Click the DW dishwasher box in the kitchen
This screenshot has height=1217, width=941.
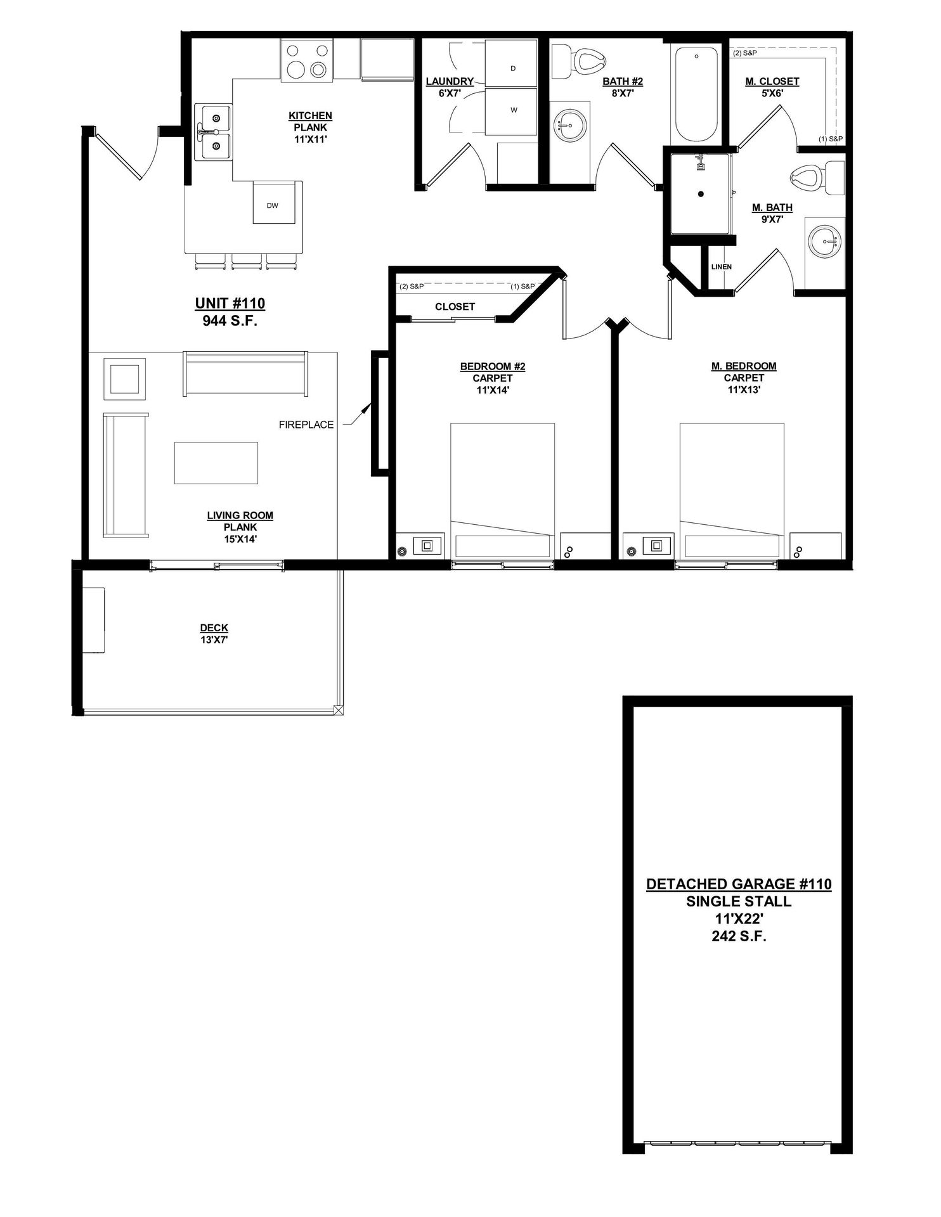(x=274, y=203)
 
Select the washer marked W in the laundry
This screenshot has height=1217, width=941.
(x=512, y=111)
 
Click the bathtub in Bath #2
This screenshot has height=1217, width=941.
(x=696, y=93)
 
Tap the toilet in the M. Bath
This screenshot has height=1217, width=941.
(x=818, y=178)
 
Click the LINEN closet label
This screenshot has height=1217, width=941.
(x=721, y=267)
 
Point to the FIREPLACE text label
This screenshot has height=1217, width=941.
(x=306, y=425)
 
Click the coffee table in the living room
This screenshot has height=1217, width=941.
(x=216, y=463)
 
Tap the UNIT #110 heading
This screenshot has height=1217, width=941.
(x=230, y=304)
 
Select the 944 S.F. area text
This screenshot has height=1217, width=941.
(x=230, y=321)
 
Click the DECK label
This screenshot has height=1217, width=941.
(x=214, y=628)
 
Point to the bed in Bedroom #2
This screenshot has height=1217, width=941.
(x=503, y=491)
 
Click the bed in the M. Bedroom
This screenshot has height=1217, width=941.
(x=732, y=491)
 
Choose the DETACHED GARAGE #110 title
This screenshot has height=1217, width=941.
(x=739, y=884)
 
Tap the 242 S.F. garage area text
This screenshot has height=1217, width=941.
(x=739, y=936)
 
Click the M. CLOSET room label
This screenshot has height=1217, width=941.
(x=772, y=81)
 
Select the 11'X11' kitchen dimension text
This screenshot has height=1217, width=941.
(x=311, y=139)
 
